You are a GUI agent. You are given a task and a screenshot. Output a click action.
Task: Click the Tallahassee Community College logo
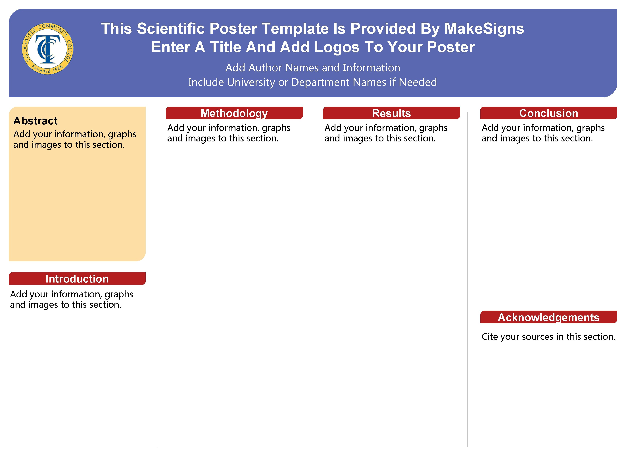47,48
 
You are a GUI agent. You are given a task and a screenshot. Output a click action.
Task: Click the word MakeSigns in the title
484,29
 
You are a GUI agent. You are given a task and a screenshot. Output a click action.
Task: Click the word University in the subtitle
251,82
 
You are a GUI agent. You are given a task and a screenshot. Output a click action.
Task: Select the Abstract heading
35,121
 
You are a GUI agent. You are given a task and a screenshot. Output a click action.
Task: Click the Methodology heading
234,113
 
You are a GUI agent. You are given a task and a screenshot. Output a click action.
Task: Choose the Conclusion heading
548,113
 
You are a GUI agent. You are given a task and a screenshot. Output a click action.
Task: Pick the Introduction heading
77,279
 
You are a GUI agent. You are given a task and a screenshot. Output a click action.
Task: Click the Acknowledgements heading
548,317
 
